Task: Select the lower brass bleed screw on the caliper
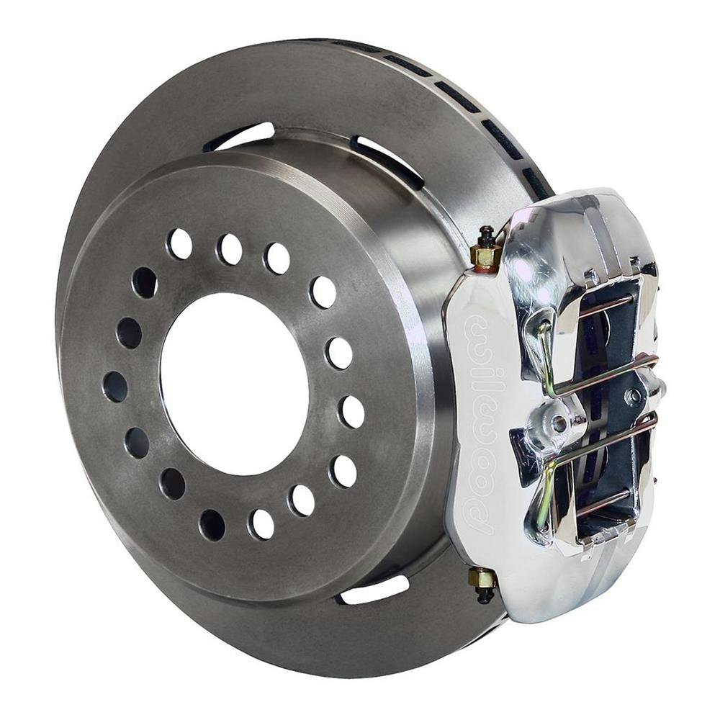pyautogui.click(x=483, y=579)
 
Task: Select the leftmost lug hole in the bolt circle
pyautogui.click(x=114, y=387)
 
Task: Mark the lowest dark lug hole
pyautogui.click(x=212, y=525)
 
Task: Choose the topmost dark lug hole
pyautogui.click(x=144, y=282)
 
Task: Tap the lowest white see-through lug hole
pyautogui.click(x=261, y=523)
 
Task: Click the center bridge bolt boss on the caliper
pyautogui.click(x=557, y=423)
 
